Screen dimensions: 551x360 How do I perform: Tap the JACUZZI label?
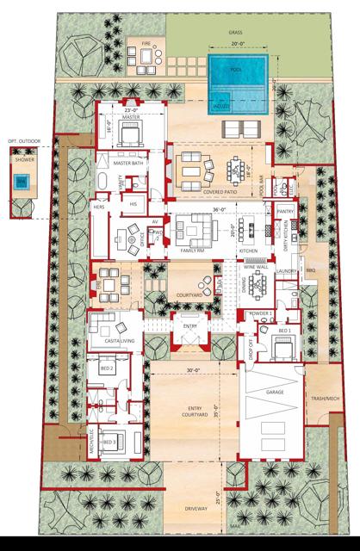(x=221, y=106)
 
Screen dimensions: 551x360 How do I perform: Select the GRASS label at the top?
(x=235, y=32)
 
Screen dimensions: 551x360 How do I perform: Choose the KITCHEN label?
(x=249, y=251)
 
